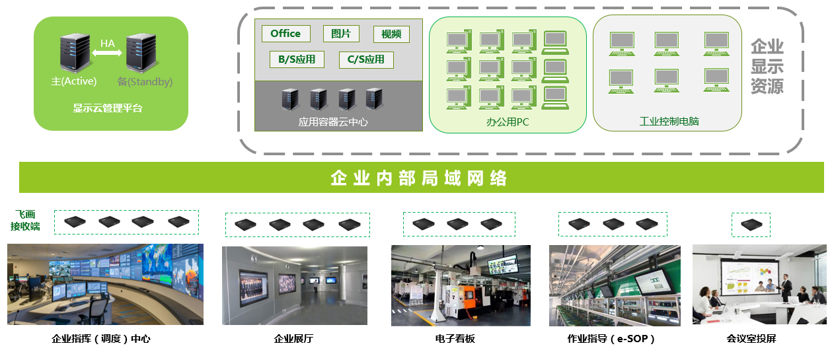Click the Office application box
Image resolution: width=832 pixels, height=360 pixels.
(x=285, y=34)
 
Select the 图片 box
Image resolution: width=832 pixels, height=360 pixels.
(x=341, y=34)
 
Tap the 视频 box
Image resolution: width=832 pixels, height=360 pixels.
(x=391, y=34)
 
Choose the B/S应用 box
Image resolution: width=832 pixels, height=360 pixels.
(x=297, y=59)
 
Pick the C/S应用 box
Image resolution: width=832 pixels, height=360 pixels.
(x=365, y=59)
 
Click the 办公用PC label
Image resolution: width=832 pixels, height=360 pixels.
(x=508, y=122)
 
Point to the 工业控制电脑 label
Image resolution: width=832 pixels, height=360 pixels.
(x=669, y=122)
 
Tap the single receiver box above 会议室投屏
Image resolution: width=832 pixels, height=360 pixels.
(x=750, y=224)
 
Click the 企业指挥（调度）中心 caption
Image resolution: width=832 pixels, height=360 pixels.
(x=101, y=340)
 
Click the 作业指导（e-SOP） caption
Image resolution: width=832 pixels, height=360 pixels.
(x=611, y=340)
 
